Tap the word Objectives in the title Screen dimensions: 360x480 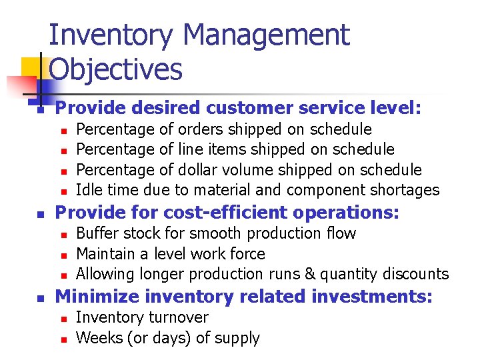coord(116,69)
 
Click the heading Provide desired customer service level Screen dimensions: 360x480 coord(238,108)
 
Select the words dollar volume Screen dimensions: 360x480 coord(217,170)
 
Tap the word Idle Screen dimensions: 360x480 coord(89,190)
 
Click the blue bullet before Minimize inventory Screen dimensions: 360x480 coord(41,297)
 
